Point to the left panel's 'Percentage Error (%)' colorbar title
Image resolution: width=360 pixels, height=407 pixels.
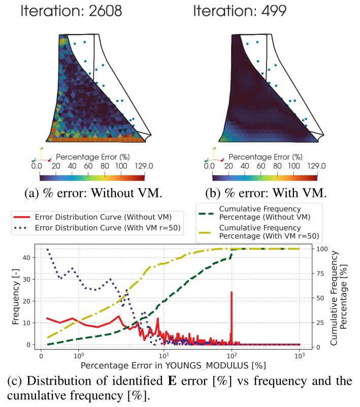91,156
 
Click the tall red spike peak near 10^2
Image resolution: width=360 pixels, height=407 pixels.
232,292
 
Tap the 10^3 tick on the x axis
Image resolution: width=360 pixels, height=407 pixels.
299,356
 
